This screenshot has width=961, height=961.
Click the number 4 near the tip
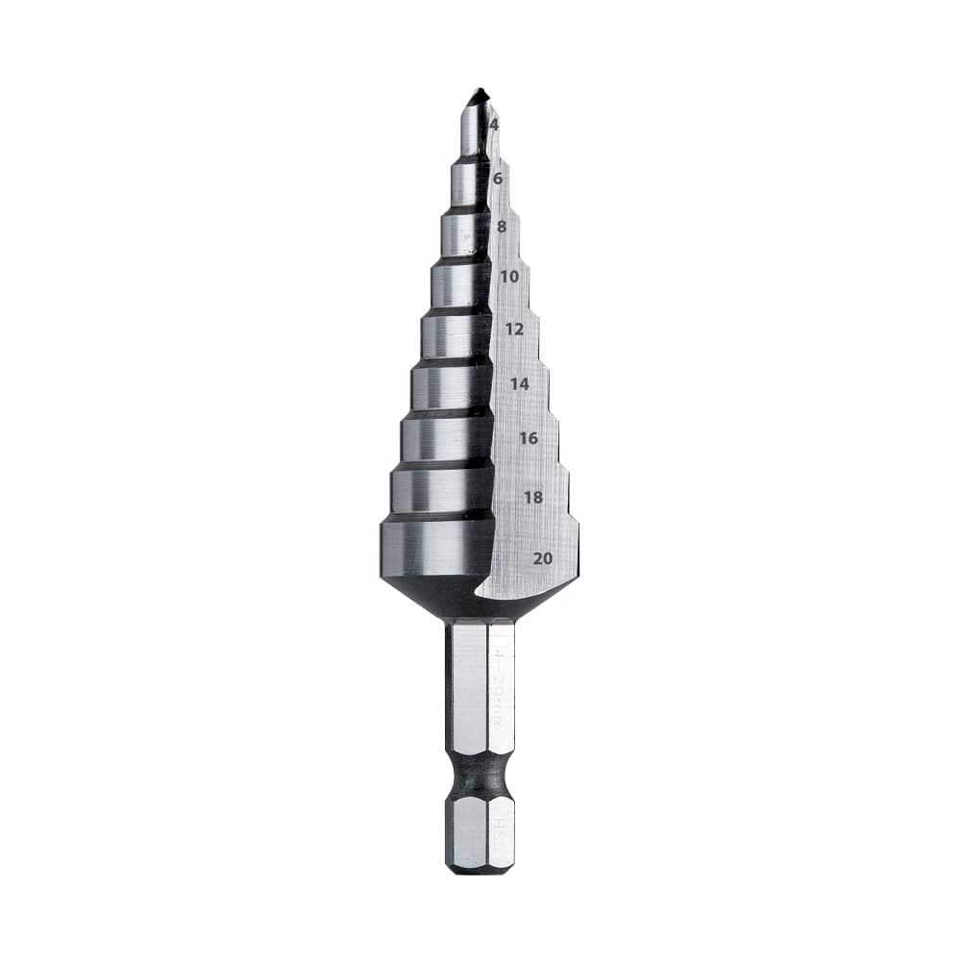494,125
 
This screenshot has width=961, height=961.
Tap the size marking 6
498,178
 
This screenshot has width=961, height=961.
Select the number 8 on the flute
502,227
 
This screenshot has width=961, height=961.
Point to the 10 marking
509,277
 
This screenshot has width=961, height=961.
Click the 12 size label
514,329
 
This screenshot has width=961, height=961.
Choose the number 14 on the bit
519,383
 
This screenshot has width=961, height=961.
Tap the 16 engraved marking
528,437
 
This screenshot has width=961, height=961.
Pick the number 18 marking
533,497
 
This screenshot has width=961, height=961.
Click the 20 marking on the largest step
542,557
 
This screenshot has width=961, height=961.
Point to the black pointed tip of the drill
478,97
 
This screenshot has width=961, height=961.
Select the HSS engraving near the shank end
501,827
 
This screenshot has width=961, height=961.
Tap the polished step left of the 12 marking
456,335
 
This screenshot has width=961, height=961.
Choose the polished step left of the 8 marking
465,234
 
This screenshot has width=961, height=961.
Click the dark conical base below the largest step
452,596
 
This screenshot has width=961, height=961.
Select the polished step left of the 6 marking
469,182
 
